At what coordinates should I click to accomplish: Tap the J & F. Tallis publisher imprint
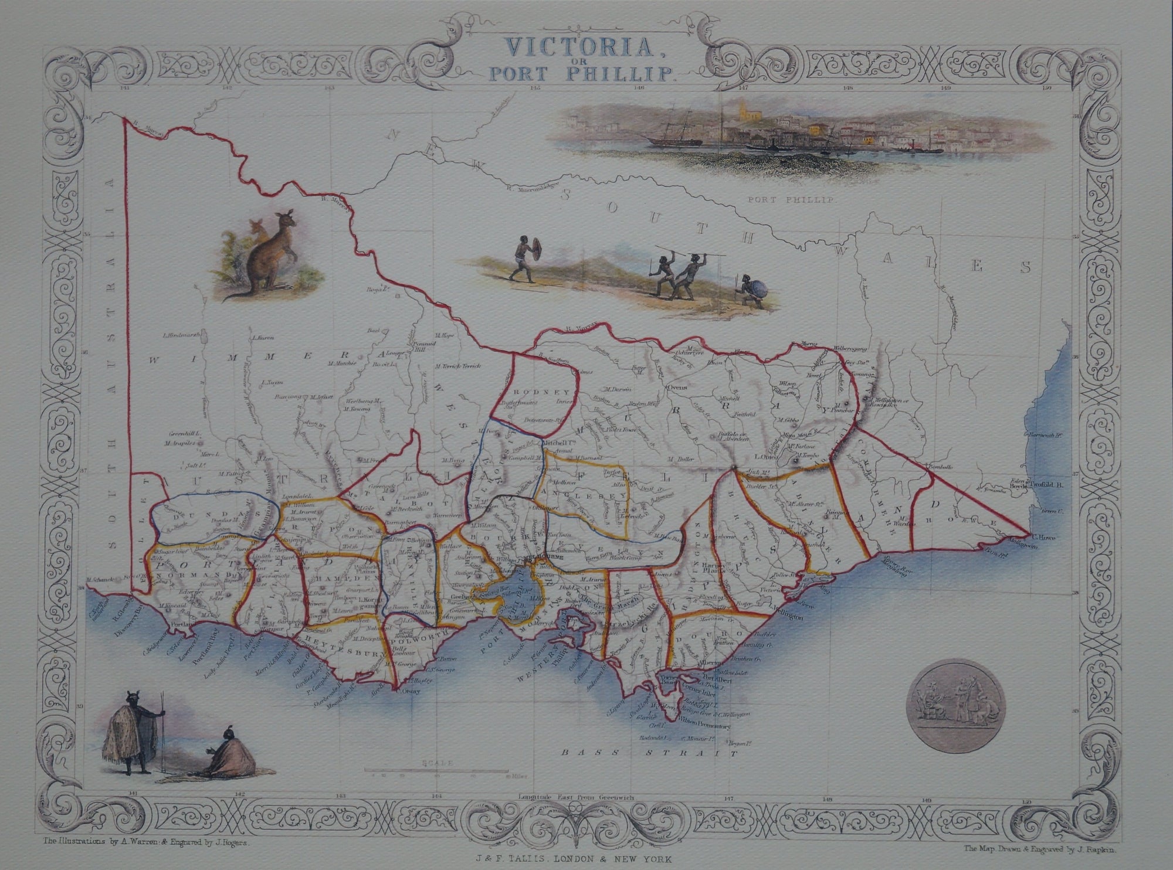pyautogui.click(x=586, y=858)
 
